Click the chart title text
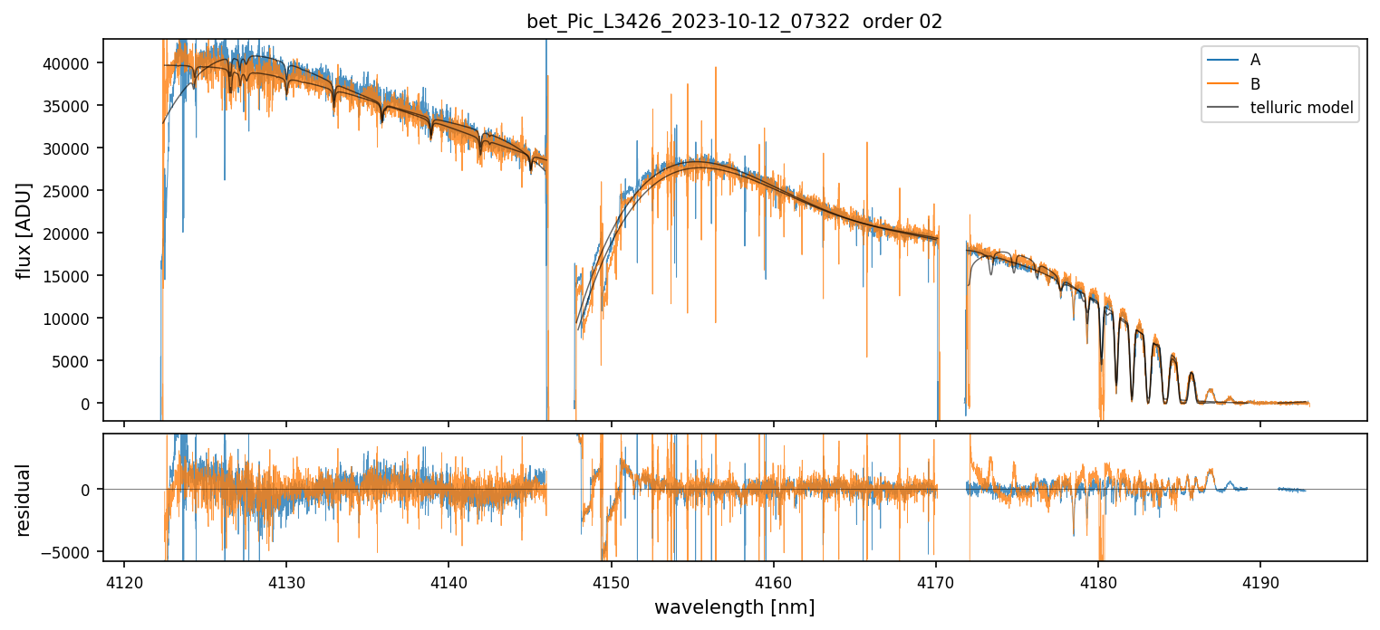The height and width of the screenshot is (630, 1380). [734, 22]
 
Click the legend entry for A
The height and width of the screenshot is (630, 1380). [1254, 61]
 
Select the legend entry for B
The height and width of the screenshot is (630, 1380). [1254, 84]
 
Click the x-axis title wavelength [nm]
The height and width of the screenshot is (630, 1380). [734, 606]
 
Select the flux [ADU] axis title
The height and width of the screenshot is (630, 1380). [24, 230]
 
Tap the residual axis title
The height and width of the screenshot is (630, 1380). [24, 500]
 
